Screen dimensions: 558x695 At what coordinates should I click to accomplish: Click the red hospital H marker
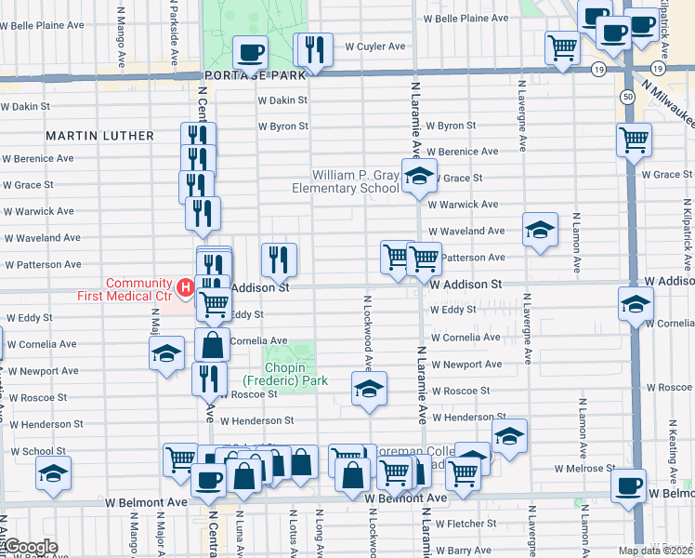(x=185, y=288)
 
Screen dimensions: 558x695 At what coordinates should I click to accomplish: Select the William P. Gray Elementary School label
(x=345, y=181)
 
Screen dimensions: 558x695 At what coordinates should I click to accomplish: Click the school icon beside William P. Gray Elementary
(x=418, y=175)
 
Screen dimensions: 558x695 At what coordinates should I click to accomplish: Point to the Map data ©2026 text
(x=656, y=550)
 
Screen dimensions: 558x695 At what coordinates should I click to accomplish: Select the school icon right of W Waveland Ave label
(x=540, y=229)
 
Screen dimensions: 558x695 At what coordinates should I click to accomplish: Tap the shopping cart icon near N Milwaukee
(x=634, y=140)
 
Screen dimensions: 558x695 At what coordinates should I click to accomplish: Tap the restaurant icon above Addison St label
(x=279, y=259)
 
